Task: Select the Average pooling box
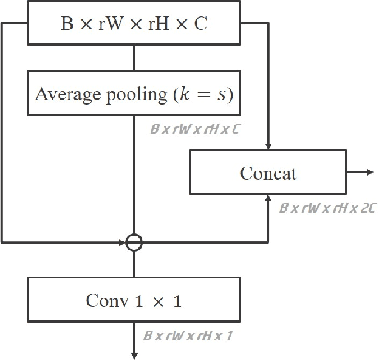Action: (x=134, y=94)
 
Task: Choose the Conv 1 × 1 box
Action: (x=134, y=300)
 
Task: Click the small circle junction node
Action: (x=134, y=243)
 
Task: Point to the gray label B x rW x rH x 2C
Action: (x=327, y=208)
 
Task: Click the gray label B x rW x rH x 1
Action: (x=188, y=335)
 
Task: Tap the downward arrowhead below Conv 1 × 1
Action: (x=134, y=356)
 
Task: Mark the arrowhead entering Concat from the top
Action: (x=268, y=148)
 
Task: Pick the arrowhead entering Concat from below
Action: (x=268, y=198)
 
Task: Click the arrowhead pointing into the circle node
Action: (x=121, y=243)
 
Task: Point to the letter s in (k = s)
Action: (x=222, y=95)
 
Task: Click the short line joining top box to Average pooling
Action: (x=134, y=58)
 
